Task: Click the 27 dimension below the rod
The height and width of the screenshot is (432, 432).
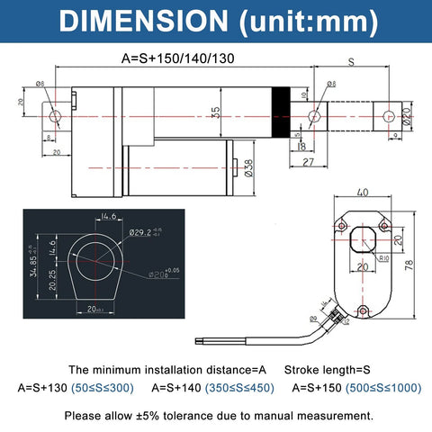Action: (307, 162)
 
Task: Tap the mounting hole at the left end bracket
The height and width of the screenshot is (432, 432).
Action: (57, 116)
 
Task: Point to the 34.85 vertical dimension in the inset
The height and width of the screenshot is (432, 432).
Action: (34, 265)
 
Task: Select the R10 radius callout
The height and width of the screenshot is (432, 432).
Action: (382, 257)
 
